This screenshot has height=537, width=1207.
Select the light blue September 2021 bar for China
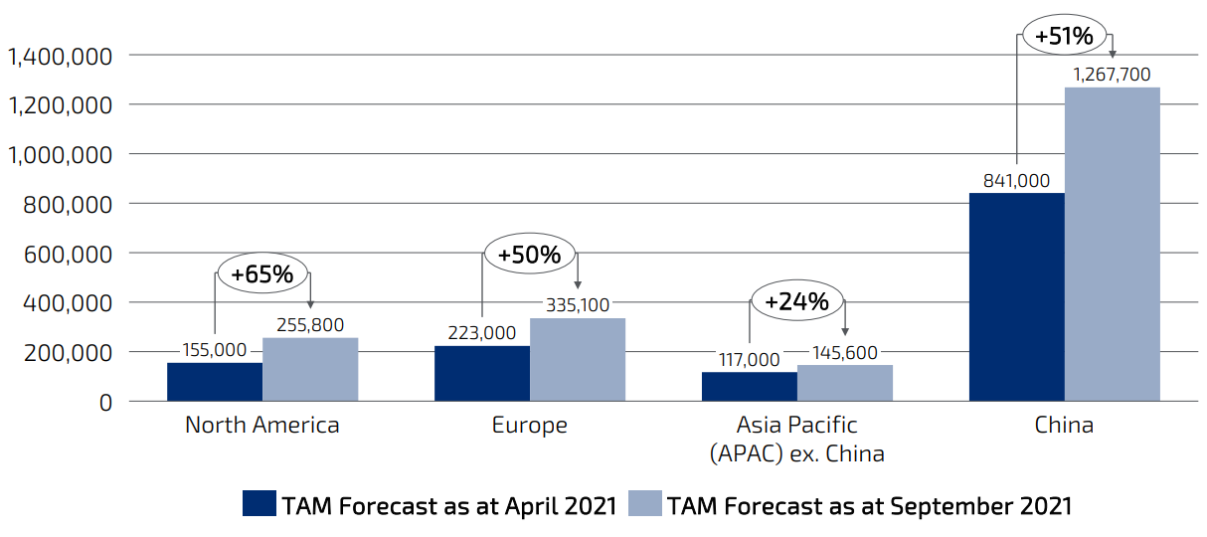click(x=1112, y=244)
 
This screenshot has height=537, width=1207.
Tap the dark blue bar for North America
click(x=214, y=382)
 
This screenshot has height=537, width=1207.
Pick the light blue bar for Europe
click(x=577, y=359)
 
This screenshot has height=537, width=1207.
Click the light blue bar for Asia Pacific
click(x=844, y=383)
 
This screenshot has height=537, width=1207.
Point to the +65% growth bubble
click(x=262, y=273)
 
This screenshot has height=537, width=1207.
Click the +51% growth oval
click(x=1064, y=37)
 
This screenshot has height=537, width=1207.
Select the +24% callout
click(x=797, y=301)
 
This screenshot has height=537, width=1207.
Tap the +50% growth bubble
click(x=529, y=255)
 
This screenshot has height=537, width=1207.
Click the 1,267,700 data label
click(x=1112, y=75)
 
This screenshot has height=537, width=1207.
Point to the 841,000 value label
click(x=1016, y=180)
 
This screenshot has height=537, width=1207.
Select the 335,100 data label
click(x=577, y=305)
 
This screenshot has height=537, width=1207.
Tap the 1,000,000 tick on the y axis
click(x=61, y=154)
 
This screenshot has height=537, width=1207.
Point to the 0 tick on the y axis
click(x=104, y=402)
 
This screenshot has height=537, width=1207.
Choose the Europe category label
click(x=529, y=426)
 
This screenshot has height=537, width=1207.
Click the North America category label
click(x=262, y=426)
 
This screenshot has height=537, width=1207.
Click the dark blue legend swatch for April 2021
click(x=259, y=503)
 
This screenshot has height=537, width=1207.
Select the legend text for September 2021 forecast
click(x=870, y=505)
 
